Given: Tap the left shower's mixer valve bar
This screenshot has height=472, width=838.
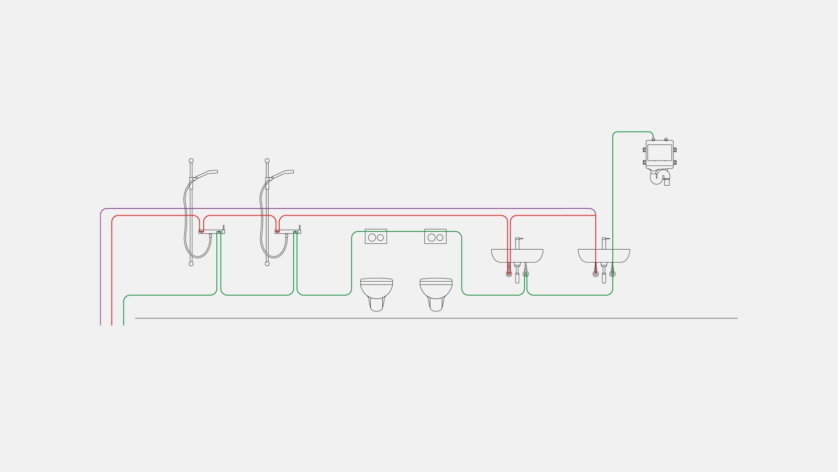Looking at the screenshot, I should tap(211, 231).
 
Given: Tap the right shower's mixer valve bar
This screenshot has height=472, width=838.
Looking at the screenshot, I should tap(288, 231).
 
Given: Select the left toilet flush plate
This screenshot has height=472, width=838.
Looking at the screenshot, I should tap(376, 237).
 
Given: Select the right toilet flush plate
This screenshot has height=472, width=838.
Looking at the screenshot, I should tap(435, 237).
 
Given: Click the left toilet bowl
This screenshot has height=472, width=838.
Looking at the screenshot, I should tap(377, 292).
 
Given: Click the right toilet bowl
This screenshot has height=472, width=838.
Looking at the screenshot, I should tap(436, 292).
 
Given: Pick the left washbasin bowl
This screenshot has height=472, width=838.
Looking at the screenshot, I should tap(517, 255).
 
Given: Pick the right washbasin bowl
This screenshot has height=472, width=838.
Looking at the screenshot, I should tap(604, 255).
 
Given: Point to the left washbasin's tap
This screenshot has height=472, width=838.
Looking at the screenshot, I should tap(518, 243).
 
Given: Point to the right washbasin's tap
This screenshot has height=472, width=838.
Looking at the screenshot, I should tap(605, 243).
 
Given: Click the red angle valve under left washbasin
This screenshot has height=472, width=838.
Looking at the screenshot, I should tap(509, 274).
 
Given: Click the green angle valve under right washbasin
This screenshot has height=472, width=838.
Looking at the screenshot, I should tap(612, 274).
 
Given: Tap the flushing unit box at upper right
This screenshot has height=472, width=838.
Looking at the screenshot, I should tap(659, 154).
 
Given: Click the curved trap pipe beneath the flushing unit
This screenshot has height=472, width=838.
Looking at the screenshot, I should tap(658, 177).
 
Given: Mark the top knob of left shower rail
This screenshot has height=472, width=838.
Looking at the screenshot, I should tap(191, 160).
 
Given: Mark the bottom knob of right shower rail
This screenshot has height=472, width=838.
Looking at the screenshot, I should tap(267, 264).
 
